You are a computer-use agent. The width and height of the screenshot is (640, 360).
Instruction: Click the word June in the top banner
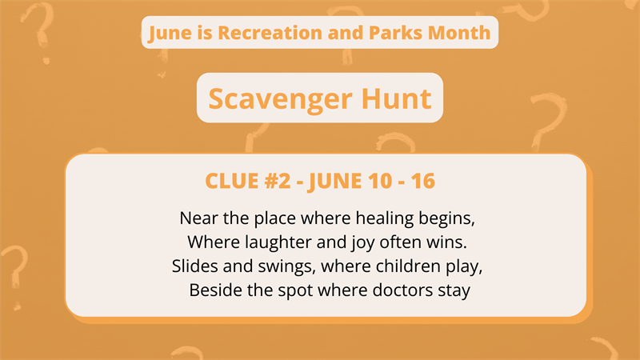click(167, 33)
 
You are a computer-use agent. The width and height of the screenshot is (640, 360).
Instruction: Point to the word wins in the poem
click(435, 242)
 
